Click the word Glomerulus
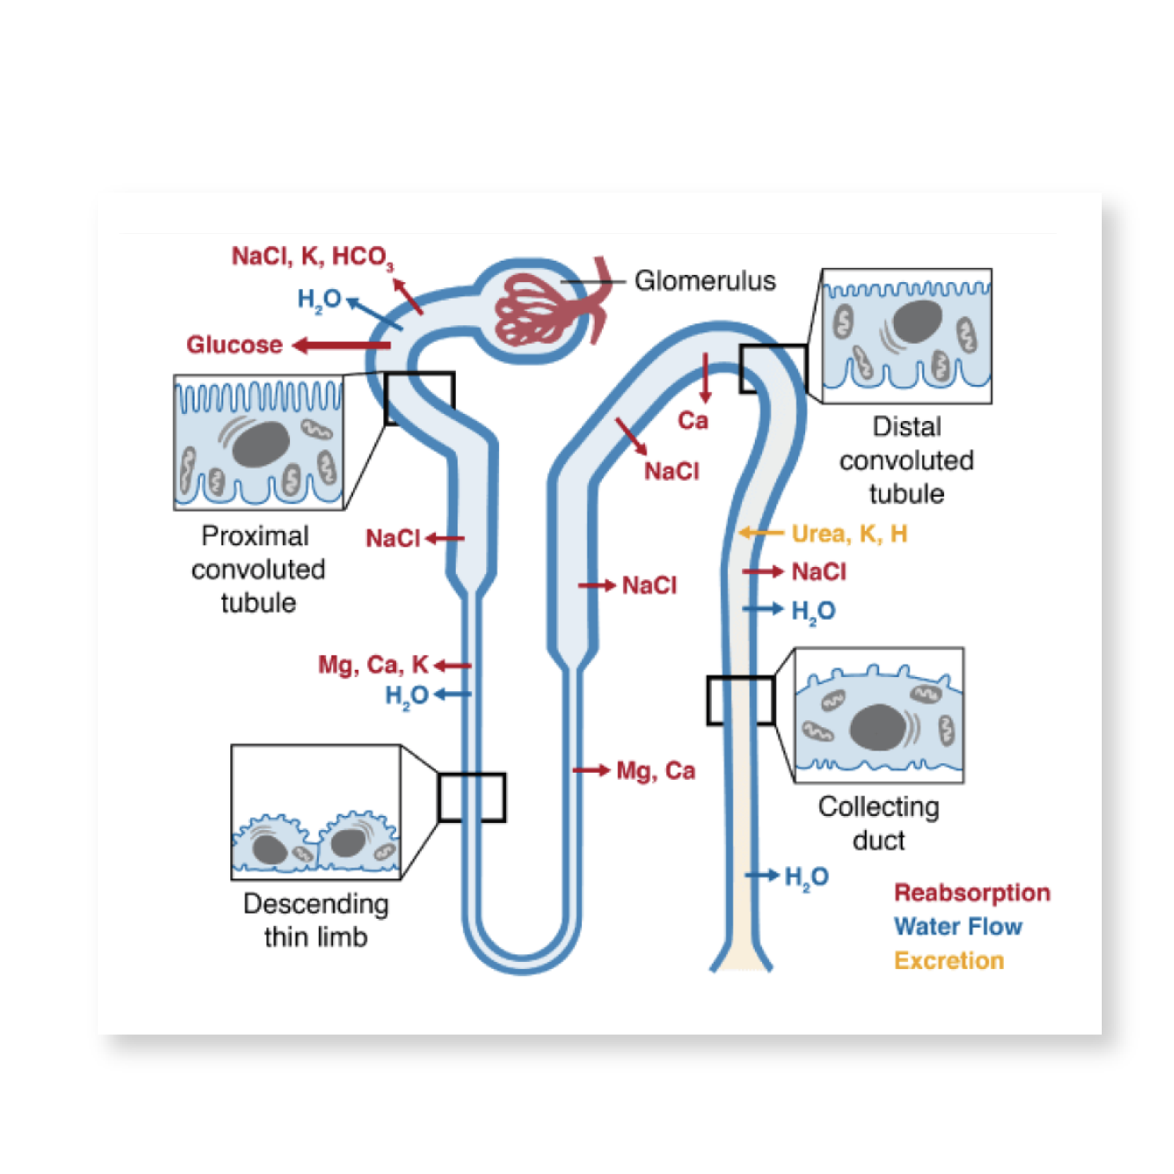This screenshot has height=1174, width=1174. click(704, 281)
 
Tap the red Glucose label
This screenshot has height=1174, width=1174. click(234, 345)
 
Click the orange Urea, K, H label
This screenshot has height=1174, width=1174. click(849, 534)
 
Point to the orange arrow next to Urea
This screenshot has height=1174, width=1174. click(761, 533)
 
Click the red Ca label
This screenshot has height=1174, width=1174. click(692, 421)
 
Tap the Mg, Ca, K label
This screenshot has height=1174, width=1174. click(372, 665)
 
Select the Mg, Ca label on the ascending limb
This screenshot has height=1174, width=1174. click(655, 770)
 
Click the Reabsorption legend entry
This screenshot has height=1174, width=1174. click(972, 893)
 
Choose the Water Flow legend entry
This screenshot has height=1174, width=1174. click(958, 926)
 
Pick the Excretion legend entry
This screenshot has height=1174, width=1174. click(948, 961)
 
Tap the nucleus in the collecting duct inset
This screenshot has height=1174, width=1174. click(877, 727)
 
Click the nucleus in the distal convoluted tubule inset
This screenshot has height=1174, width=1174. click(917, 321)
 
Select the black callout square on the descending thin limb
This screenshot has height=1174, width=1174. click(471, 797)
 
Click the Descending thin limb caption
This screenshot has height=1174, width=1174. click(316, 920)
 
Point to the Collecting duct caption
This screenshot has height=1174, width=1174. click(878, 824)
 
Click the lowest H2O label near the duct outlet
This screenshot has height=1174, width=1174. click(806, 877)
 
